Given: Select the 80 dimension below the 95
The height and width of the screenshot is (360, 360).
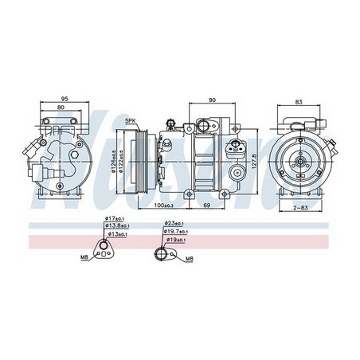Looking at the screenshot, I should pos(63,109).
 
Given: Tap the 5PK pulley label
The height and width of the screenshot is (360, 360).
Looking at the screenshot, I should pos(129,120).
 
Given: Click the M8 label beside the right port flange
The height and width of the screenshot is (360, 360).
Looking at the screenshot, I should pos(189,259).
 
